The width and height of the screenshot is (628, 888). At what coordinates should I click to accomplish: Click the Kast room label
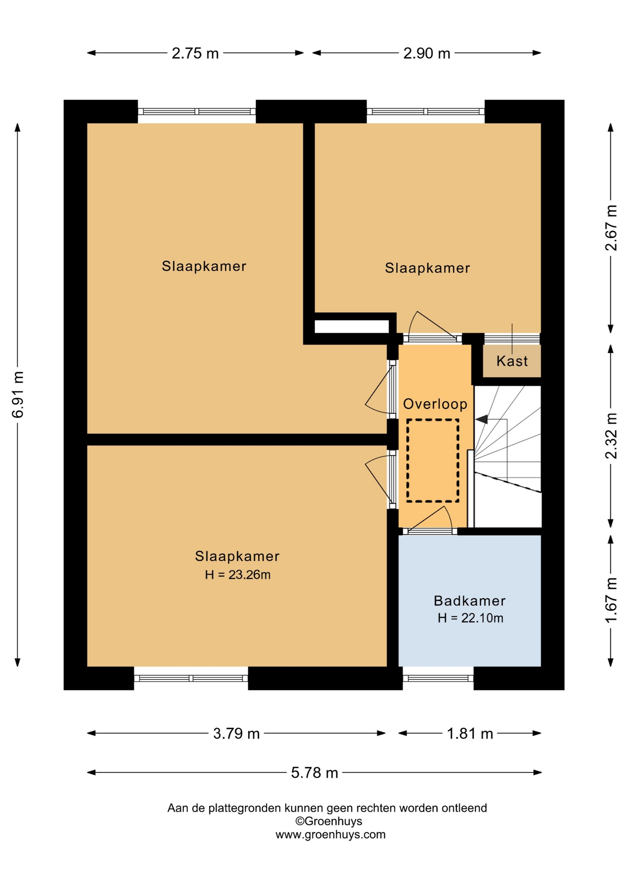pos(512,361)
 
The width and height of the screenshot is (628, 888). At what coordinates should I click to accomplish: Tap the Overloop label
pos(435,404)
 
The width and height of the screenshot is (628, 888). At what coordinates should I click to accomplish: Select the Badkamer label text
pos(469,601)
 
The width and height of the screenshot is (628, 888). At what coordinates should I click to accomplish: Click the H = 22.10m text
pos(470,618)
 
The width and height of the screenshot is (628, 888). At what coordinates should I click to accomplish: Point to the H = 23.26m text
pos(238,575)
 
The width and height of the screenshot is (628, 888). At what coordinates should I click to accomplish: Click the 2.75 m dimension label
pos(195,54)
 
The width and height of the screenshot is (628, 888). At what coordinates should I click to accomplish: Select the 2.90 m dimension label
pos(426,54)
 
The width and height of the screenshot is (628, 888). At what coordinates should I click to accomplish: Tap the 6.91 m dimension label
pos(18,395)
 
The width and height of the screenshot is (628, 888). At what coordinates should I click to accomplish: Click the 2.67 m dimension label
pos(611,228)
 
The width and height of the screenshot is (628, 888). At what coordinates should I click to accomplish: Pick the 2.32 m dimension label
pos(611,436)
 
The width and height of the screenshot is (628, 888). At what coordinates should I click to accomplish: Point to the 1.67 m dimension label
pos(611,600)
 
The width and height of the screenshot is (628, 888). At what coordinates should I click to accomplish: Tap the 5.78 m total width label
pos(314,773)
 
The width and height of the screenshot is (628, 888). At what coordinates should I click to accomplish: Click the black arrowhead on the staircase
pos(482,419)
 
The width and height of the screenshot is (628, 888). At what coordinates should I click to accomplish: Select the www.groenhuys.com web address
pos(331,834)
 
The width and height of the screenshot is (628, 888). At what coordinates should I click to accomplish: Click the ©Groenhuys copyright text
pos(329,821)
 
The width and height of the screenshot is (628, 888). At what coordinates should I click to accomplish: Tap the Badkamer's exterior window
pos(438,678)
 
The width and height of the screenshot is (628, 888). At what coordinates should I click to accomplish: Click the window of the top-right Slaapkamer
pos(426,111)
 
